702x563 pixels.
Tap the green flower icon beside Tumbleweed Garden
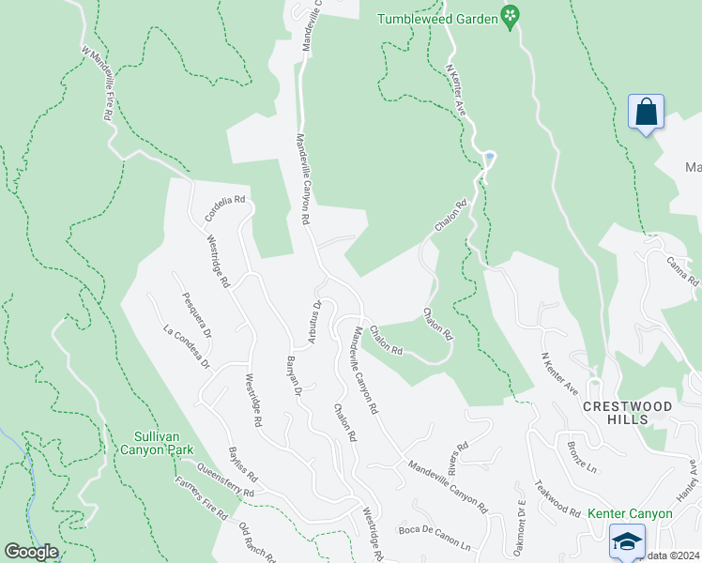click(510, 16)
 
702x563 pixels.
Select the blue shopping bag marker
click(646, 113)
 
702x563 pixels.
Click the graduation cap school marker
click(627, 541)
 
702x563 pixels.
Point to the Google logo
click(31, 552)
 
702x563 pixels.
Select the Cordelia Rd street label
click(225, 208)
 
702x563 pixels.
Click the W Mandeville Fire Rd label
click(98, 83)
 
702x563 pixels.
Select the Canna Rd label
click(682, 271)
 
